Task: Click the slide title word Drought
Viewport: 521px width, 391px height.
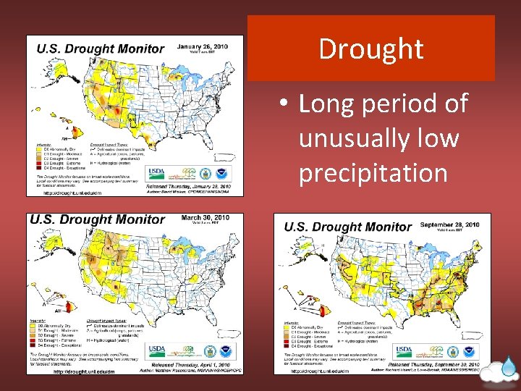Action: [x=370, y=49]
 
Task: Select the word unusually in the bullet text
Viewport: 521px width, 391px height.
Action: [x=378, y=138]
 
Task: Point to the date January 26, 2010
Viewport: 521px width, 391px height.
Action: [x=203, y=46]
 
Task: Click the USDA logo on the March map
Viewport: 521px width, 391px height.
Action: [x=157, y=350]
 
